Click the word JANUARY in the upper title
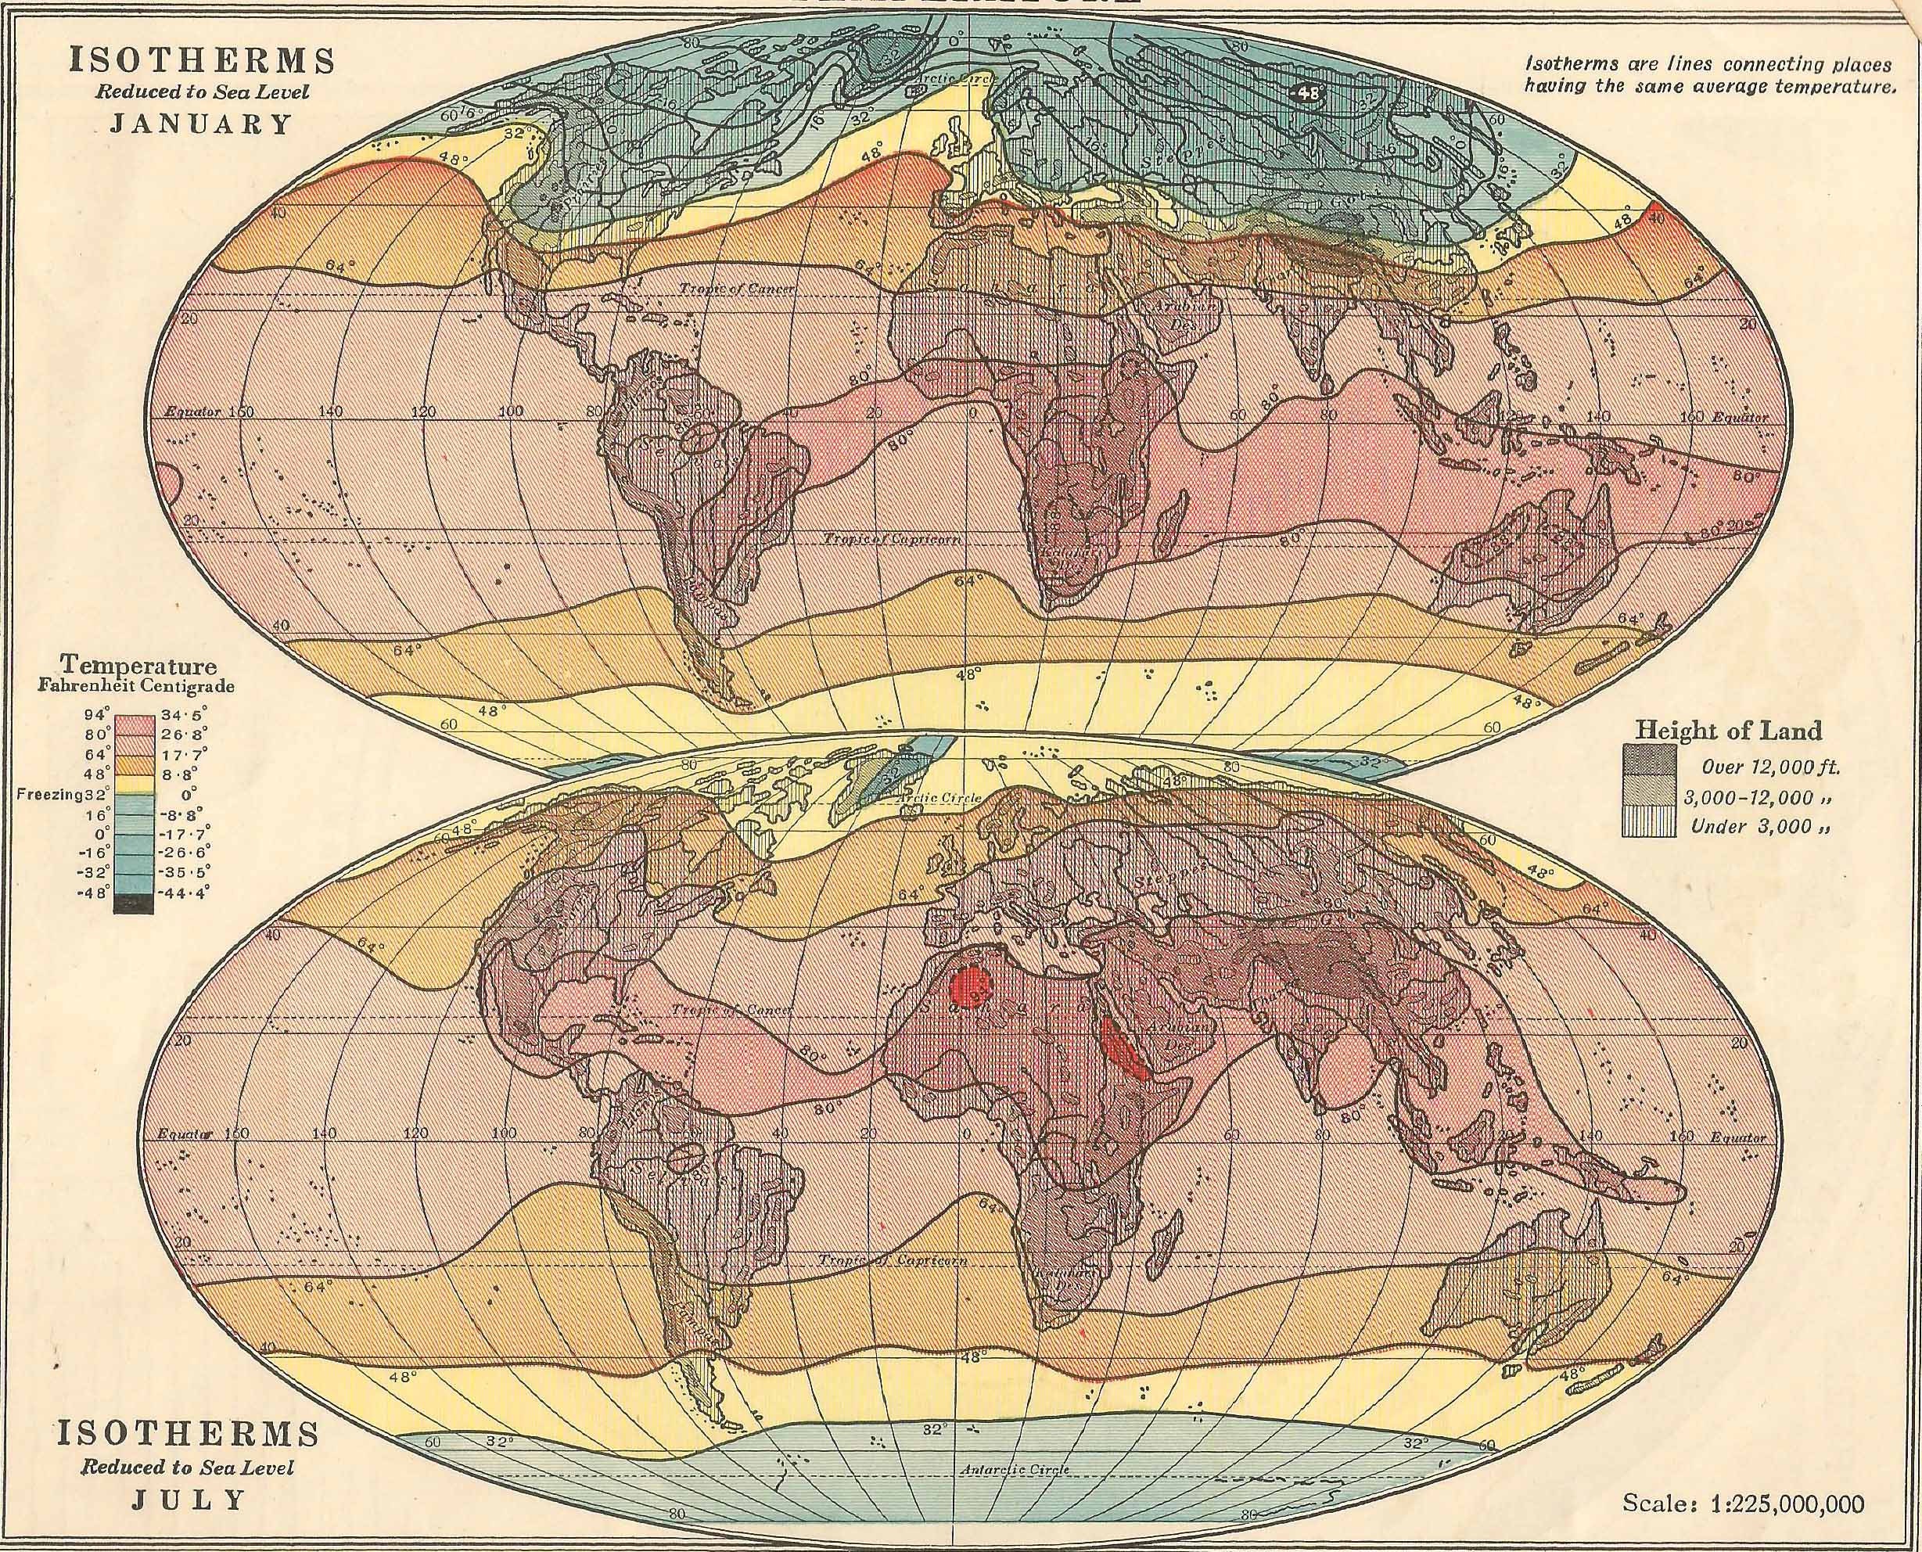(x=201, y=123)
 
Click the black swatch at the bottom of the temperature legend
(x=133, y=906)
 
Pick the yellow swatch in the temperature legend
(x=133, y=784)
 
